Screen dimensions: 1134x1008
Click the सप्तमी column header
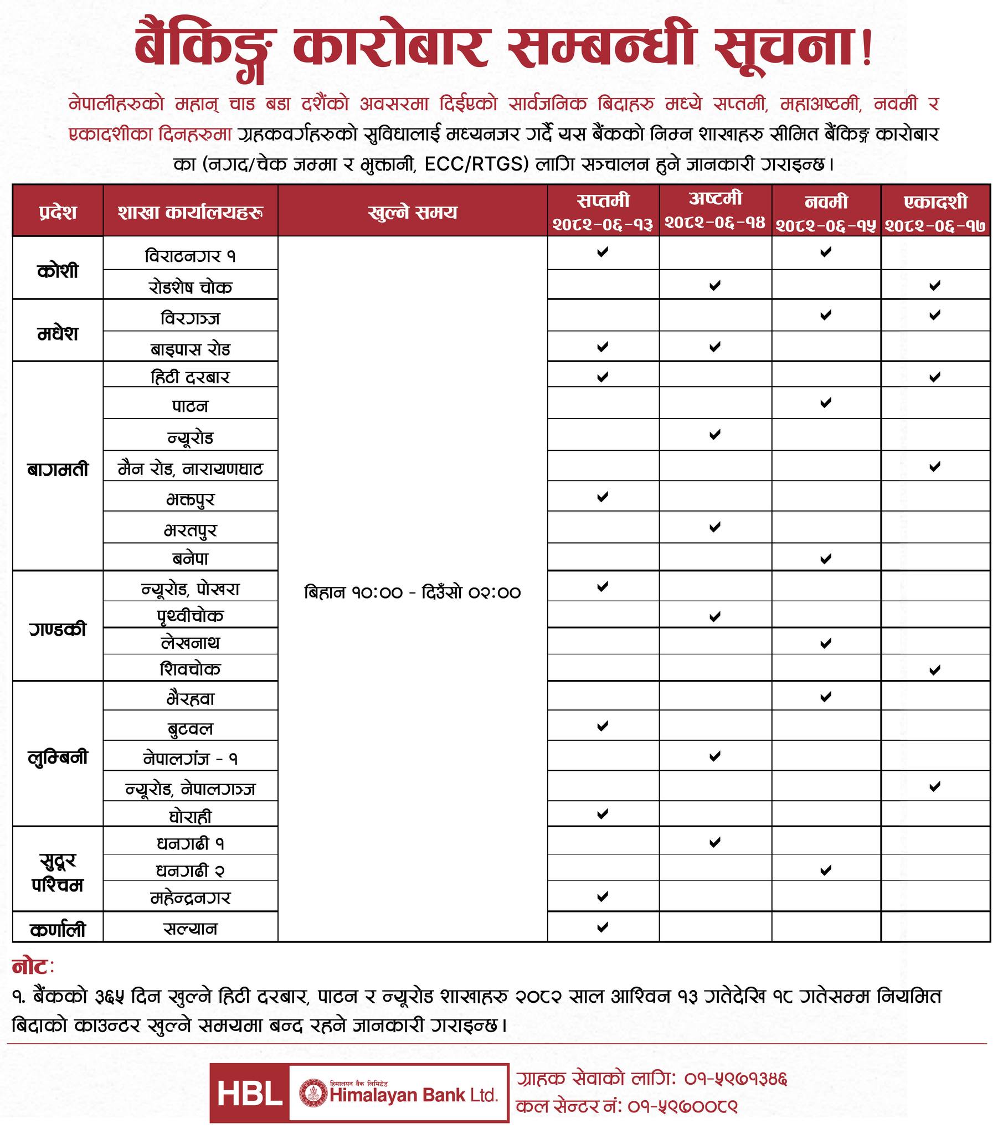point(603,200)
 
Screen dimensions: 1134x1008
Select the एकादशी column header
point(935,202)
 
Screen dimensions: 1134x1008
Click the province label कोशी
point(58,271)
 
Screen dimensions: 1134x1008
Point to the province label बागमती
point(58,470)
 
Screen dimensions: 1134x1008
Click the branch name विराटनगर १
point(191,256)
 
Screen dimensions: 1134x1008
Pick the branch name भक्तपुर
point(191,499)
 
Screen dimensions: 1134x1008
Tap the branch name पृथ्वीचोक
point(191,616)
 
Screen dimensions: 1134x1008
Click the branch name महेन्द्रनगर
point(191,897)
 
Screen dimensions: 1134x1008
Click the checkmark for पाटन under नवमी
point(825,402)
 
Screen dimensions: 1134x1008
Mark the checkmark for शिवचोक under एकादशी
point(935,669)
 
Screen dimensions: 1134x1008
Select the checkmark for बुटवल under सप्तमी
point(602,725)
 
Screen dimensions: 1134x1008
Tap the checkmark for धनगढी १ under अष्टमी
point(715,842)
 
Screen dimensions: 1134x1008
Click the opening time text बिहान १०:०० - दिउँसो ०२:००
point(413,592)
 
